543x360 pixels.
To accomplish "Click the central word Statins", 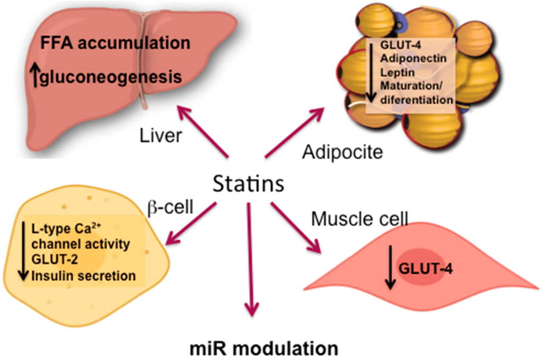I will click(248, 184).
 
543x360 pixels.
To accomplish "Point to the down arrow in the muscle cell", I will click(390, 269).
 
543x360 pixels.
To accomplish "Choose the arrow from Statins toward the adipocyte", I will click(295, 132).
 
